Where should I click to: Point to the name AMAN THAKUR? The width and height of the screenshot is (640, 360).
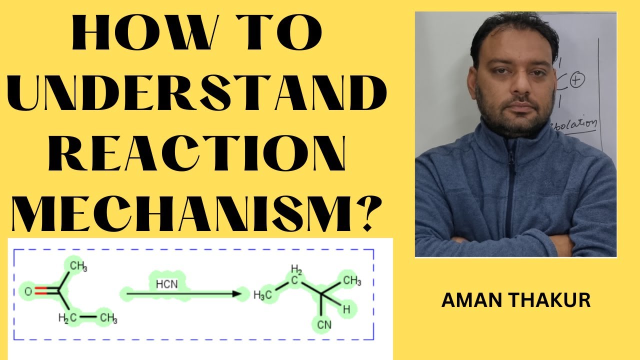coord(516,300)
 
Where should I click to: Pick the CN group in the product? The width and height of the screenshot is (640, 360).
coord(324,325)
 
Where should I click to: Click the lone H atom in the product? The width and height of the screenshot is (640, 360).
coord(346,309)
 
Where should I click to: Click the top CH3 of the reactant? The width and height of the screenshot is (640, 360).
coord(77,265)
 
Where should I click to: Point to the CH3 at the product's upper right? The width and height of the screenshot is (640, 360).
coord(351,280)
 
